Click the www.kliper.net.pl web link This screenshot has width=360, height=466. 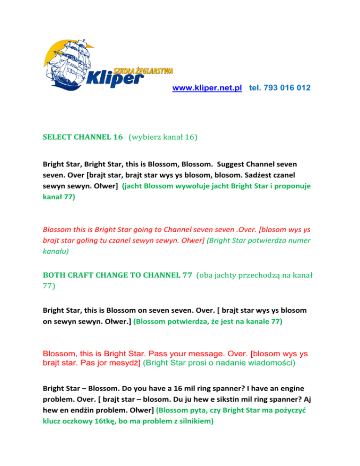[x=207, y=88]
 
